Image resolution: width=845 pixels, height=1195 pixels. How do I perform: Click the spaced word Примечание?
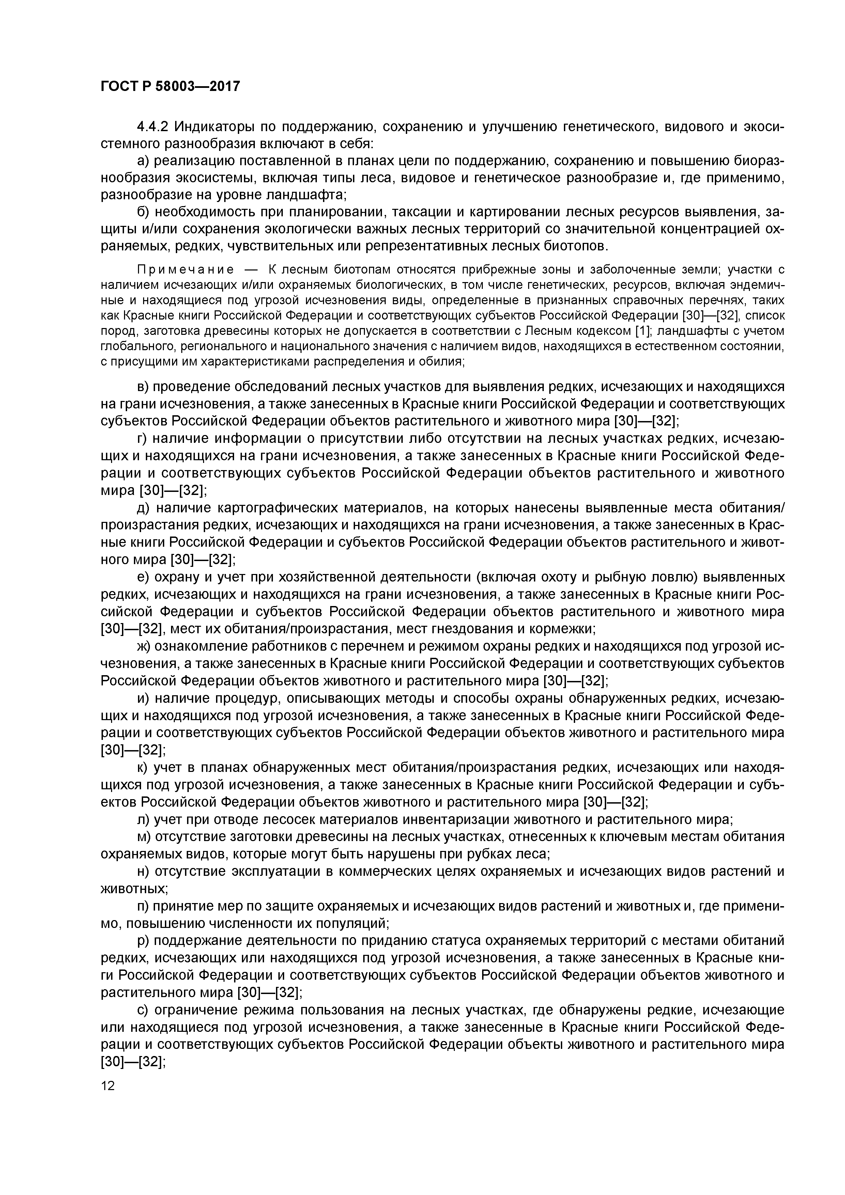(185, 269)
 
